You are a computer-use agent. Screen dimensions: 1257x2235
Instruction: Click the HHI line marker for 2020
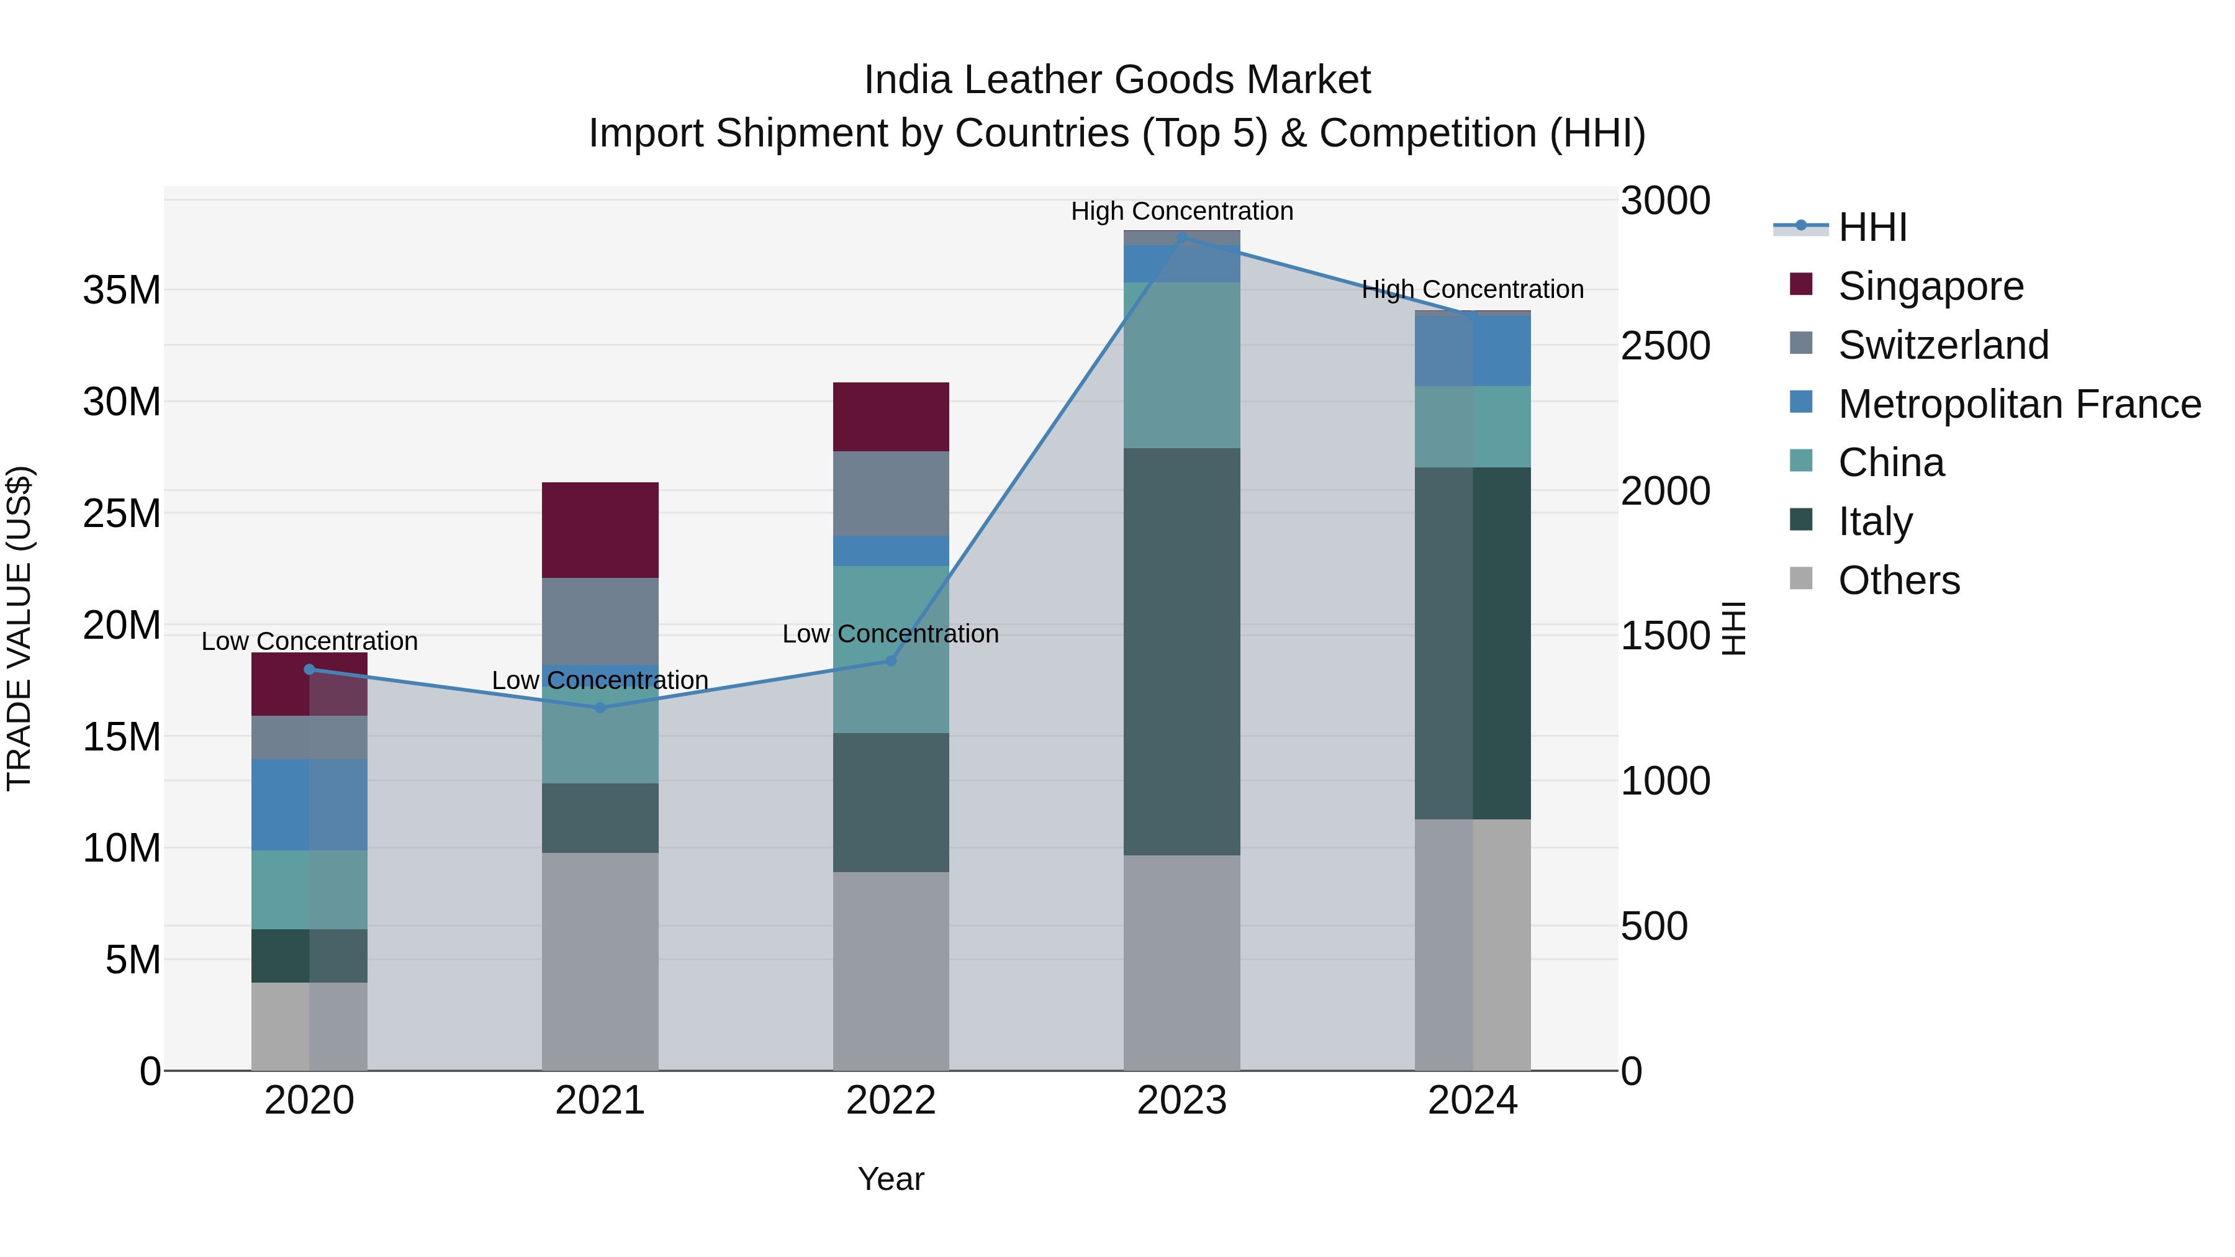(x=310, y=669)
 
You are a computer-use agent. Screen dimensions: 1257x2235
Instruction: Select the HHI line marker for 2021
(x=600, y=707)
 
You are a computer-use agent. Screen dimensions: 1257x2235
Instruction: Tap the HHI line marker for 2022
(x=891, y=661)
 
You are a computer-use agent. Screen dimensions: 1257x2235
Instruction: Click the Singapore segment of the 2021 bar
(x=600, y=529)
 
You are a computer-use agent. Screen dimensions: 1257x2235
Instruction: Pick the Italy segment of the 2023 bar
(x=1181, y=651)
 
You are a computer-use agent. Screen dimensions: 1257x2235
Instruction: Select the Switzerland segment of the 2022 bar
(x=891, y=493)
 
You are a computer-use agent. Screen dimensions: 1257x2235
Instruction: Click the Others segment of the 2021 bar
(x=600, y=961)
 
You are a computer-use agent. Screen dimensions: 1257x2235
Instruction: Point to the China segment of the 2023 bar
(x=1181, y=364)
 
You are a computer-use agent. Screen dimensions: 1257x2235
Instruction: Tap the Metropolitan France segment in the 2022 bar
(x=891, y=551)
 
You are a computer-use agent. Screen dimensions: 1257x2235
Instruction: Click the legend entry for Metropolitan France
(x=2018, y=404)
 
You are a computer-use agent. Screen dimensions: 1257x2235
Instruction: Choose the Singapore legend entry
(x=1930, y=286)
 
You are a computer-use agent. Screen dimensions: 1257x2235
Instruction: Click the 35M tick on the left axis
(x=122, y=290)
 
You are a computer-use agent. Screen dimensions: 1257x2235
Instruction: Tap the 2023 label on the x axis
(x=1181, y=1101)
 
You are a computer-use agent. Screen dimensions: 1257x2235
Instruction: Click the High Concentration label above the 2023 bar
(x=1181, y=211)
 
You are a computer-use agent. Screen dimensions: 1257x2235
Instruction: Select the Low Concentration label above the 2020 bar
(x=310, y=641)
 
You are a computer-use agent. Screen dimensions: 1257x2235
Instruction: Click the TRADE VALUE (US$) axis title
(x=19, y=628)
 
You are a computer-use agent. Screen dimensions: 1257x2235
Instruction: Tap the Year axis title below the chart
(x=891, y=1179)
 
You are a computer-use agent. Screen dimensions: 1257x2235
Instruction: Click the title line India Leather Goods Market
(x=1117, y=80)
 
